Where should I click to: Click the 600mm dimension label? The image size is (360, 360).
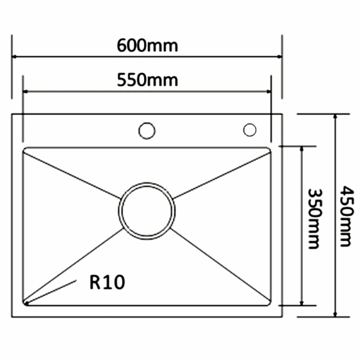pos(147,45)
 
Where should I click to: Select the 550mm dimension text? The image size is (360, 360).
pos(147,80)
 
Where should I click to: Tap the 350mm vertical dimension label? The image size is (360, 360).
pos(313,218)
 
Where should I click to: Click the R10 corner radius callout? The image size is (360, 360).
pos(106,282)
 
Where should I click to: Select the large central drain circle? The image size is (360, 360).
pos(147,210)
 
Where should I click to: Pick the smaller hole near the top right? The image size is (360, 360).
pos(250,130)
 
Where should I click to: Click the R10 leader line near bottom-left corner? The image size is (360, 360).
pos(51,291)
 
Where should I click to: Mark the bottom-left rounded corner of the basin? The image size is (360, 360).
pos(26,303)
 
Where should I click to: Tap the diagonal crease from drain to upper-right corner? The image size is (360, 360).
pos(221,175)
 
